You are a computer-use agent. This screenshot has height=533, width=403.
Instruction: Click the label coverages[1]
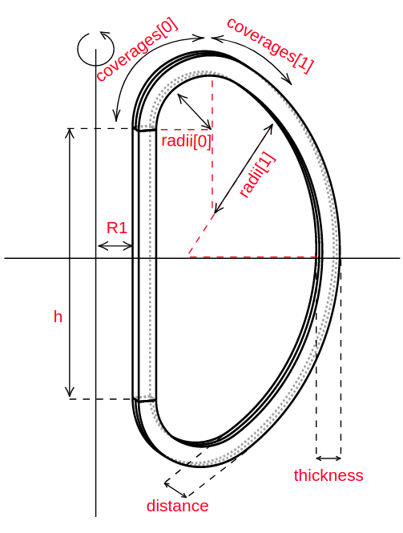coord(269,46)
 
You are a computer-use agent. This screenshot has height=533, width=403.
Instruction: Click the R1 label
coord(117,228)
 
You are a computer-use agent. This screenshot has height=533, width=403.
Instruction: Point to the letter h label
coord(58,317)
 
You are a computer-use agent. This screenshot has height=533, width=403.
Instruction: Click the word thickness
coord(328,475)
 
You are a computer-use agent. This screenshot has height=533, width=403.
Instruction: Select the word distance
coord(177,506)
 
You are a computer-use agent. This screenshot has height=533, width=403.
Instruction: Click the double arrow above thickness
coord(328,458)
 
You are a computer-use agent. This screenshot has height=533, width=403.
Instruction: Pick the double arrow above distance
coord(176,489)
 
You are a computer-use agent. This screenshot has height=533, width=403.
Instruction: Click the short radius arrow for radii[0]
coord(194,111)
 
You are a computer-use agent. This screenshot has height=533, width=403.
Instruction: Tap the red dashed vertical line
coord(212,144)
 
